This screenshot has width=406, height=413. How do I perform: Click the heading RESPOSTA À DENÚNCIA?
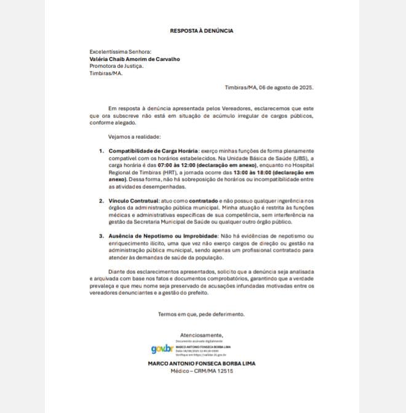pyautogui.click(x=202, y=30)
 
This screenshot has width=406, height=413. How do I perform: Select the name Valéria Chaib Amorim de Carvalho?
pyautogui.click(x=135, y=59)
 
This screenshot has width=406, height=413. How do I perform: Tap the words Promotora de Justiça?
pyautogui.click(x=116, y=66)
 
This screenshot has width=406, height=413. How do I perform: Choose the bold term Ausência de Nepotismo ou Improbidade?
pyautogui.click(x=162, y=236)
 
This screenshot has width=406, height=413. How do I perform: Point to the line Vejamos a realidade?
pyautogui.click(x=134, y=136)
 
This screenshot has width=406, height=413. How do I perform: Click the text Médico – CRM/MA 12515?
pyautogui.click(x=202, y=371)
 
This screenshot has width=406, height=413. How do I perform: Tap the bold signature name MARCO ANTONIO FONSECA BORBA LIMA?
pyautogui.click(x=202, y=363)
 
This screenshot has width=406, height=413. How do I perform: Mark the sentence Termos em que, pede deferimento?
pyautogui.click(x=201, y=314)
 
